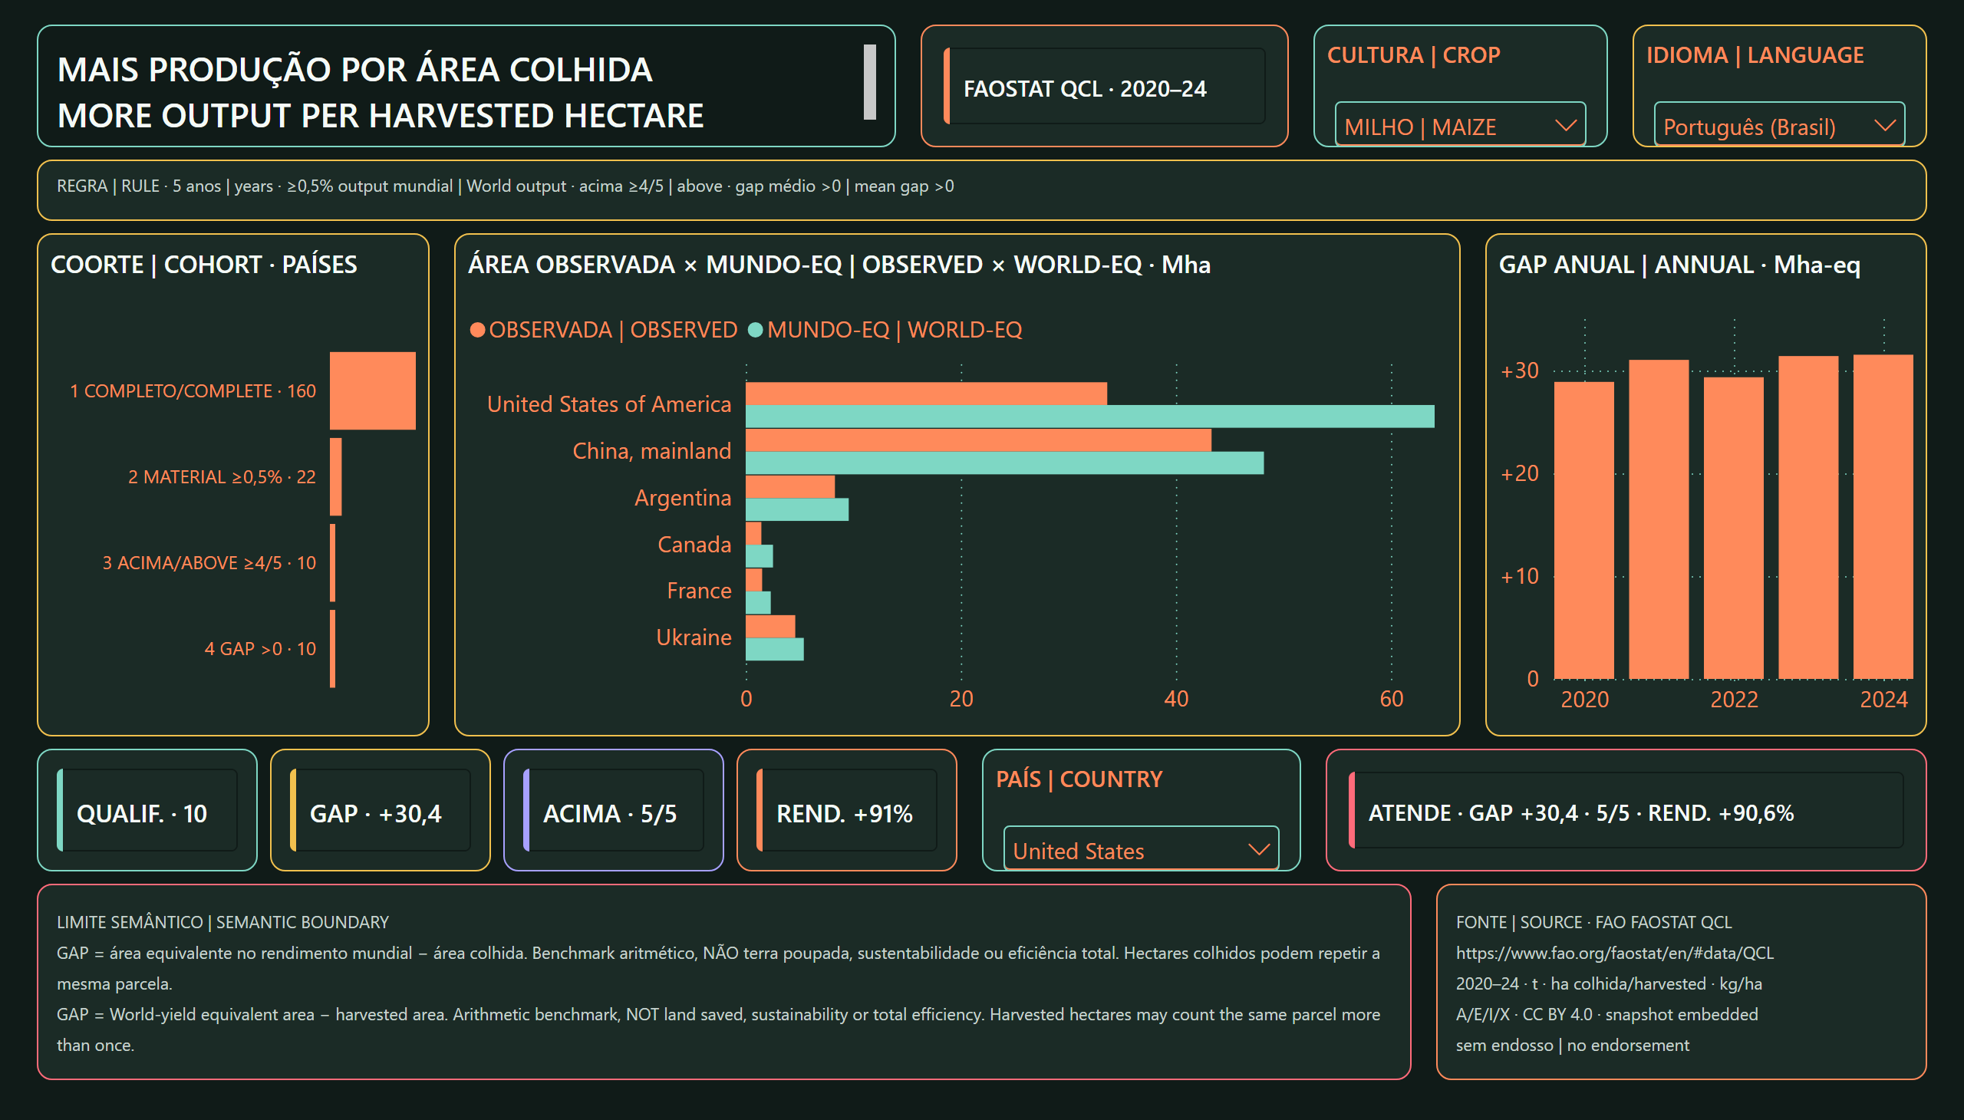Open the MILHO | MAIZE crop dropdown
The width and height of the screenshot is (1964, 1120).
tap(1459, 124)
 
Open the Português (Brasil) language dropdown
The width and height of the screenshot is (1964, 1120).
tap(1778, 124)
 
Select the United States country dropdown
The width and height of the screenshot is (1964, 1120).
tap(1141, 849)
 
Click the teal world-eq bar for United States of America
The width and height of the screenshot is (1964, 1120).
tap(1089, 416)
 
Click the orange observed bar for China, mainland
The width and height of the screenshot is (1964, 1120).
tap(977, 440)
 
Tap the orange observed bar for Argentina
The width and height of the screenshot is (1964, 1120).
tap(790, 487)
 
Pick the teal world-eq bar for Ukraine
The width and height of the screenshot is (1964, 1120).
tap(775, 649)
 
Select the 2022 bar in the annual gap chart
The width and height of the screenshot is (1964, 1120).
tap(1733, 528)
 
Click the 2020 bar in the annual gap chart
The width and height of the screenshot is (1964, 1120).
tap(1584, 530)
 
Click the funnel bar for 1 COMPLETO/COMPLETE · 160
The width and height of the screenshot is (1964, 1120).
tap(372, 390)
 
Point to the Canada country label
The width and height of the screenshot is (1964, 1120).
tap(694, 545)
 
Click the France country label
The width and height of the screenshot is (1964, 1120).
tap(698, 591)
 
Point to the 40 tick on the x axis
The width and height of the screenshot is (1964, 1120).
tap(1176, 698)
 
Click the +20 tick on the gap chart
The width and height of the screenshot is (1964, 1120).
tap(1519, 473)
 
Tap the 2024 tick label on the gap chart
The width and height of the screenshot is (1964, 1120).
tap(1883, 699)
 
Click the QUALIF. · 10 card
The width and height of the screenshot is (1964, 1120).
tap(147, 810)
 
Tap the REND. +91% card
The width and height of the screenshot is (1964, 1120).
tap(846, 810)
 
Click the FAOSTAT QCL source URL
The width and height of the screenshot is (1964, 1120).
tap(1615, 953)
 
